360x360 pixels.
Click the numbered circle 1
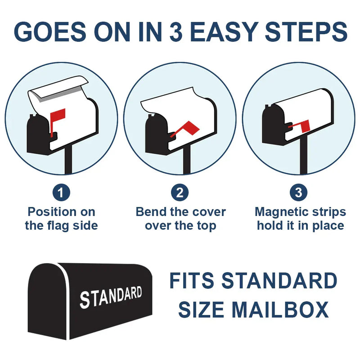point(61,193)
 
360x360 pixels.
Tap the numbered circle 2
point(180,193)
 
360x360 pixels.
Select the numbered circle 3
point(298,193)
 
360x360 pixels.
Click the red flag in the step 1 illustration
point(58,122)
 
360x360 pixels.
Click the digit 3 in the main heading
point(176,31)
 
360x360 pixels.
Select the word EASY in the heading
point(223,31)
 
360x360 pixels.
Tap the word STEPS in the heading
point(306,31)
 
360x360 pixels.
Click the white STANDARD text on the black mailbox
point(111,297)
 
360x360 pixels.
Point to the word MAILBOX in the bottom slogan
point(280,310)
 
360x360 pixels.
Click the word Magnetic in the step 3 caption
point(283,212)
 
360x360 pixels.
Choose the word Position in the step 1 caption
point(50,211)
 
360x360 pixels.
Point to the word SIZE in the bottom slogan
point(201,310)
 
